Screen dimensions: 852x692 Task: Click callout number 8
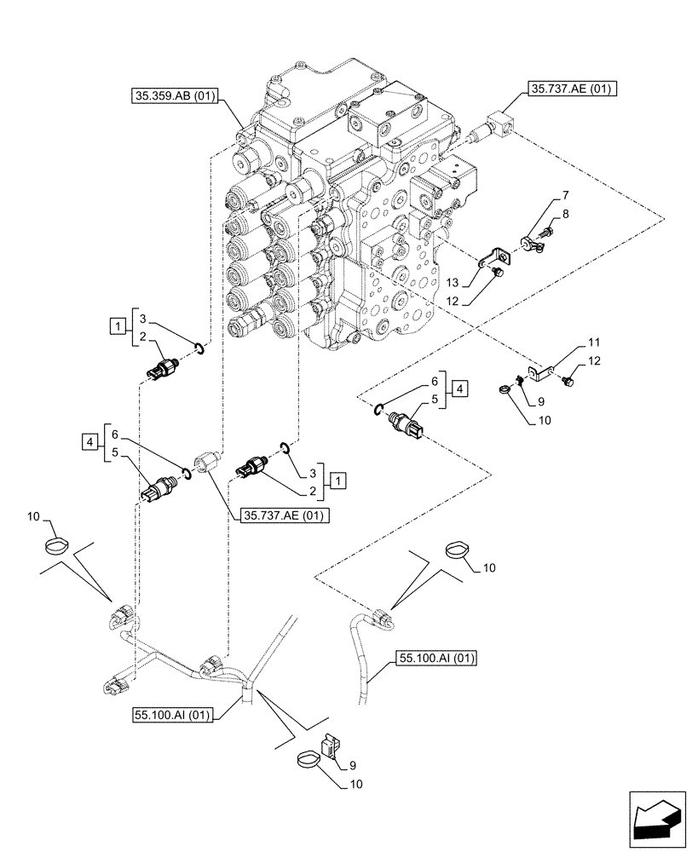(x=565, y=217)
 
